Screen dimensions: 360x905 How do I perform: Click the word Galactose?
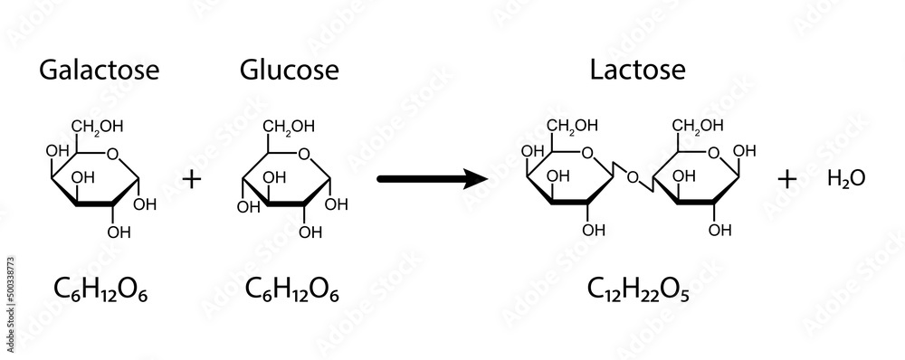[x=100, y=70]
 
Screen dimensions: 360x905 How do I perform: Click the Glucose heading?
[x=290, y=70]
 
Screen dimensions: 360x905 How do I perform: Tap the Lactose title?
[x=624, y=70]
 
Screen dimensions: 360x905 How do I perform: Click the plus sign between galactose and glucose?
[x=191, y=178]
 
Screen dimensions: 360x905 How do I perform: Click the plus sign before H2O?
[x=787, y=179]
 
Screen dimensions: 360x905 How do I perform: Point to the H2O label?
[x=846, y=179]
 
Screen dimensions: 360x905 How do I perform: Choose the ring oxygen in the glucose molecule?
[x=303, y=153]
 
